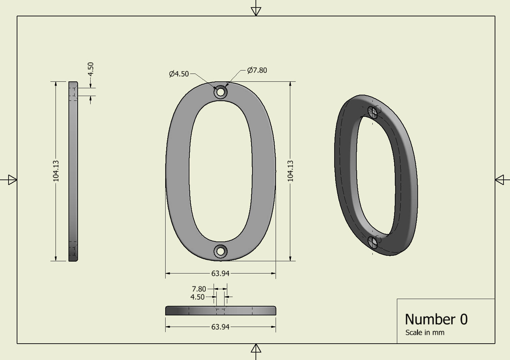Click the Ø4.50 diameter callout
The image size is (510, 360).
(x=179, y=74)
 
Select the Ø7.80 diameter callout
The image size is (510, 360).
(x=257, y=70)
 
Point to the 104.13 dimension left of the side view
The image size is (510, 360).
(x=56, y=171)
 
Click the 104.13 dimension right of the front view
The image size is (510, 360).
(x=290, y=171)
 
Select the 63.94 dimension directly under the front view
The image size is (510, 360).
(x=220, y=273)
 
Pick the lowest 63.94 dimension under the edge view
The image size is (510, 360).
(x=220, y=327)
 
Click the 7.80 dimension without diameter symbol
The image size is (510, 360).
(x=199, y=289)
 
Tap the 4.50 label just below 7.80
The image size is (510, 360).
(x=197, y=297)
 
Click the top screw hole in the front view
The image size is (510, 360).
(x=220, y=92)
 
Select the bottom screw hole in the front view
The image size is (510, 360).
(x=220, y=251)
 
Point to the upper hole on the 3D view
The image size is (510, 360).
(x=373, y=112)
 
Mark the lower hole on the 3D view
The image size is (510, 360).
(x=373, y=242)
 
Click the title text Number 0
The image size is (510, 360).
(x=436, y=319)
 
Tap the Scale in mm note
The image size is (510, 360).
(x=425, y=332)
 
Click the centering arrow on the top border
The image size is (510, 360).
(x=256, y=11)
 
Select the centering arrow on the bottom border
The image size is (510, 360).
(x=256, y=348)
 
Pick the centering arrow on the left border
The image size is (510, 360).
(x=12, y=179)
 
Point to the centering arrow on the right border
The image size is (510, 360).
(x=499, y=179)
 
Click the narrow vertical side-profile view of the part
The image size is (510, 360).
(x=73, y=171)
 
